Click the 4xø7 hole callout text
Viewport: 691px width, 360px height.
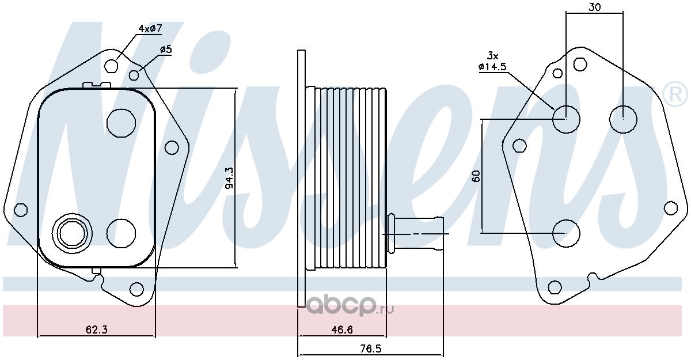click(x=150, y=29)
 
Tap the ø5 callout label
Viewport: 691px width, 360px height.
click(x=166, y=50)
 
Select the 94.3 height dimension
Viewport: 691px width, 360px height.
click(x=230, y=178)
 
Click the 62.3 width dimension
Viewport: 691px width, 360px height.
click(x=97, y=330)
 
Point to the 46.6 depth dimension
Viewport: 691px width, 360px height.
click(x=342, y=330)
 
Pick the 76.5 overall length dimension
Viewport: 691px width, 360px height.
click(x=371, y=348)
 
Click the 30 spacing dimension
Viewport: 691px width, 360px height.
click(x=594, y=7)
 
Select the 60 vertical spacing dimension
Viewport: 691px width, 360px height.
click(x=476, y=176)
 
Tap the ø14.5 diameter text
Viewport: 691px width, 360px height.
click(x=493, y=67)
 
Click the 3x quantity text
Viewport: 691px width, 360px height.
click(x=493, y=56)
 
